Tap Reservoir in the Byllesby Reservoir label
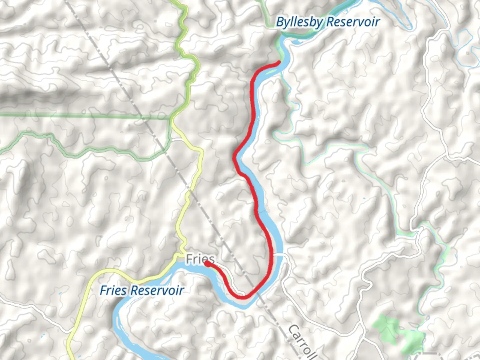click(x=353, y=22)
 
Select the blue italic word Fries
click(x=113, y=290)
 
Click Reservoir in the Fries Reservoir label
click(x=157, y=290)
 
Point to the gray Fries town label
click(x=200, y=259)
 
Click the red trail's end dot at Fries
click(x=207, y=264)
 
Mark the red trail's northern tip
click(x=279, y=62)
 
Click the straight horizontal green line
click(x=67, y=116)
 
